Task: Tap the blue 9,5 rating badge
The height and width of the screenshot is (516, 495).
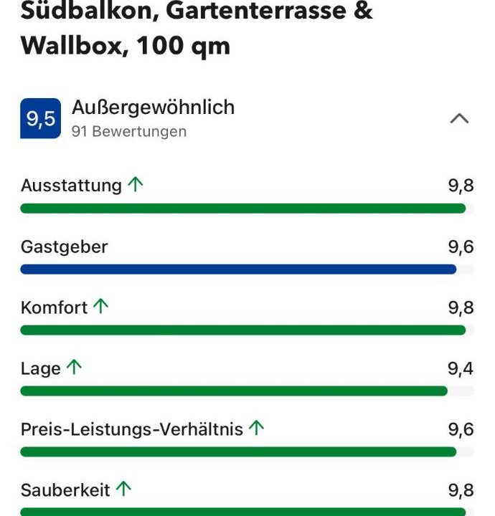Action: (x=40, y=118)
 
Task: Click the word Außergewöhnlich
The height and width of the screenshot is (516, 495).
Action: (x=153, y=107)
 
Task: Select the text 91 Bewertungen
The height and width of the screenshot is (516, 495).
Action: (x=129, y=131)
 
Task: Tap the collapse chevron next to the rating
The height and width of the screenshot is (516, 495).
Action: (x=459, y=118)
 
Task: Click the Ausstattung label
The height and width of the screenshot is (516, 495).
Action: (x=72, y=186)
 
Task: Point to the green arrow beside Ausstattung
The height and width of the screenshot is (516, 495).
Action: (x=136, y=184)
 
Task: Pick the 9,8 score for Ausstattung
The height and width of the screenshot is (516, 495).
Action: (x=461, y=186)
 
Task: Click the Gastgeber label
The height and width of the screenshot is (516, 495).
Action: (x=65, y=247)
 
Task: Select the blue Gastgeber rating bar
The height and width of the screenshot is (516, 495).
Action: (x=238, y=269)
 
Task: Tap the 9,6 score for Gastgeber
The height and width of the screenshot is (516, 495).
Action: (x=461, y=247)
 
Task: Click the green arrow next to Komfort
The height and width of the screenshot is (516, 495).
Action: (x=100, y=306)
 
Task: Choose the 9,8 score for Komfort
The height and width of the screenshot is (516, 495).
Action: (x=461, y=307)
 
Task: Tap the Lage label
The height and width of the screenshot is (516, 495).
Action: (x=40, y=369)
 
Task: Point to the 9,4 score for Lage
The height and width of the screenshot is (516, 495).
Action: (x=461, y=368)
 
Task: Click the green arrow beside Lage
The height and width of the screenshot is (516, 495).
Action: (x=74, y=367)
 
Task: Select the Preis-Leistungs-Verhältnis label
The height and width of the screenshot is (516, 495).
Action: (x=132, y=429)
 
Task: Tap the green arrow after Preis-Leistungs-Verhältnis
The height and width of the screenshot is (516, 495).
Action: (x=257, y=428)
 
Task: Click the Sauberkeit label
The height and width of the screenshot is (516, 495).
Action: (x=65, y=490)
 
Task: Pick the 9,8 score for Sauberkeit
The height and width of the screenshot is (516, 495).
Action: (x=461, y=490)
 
